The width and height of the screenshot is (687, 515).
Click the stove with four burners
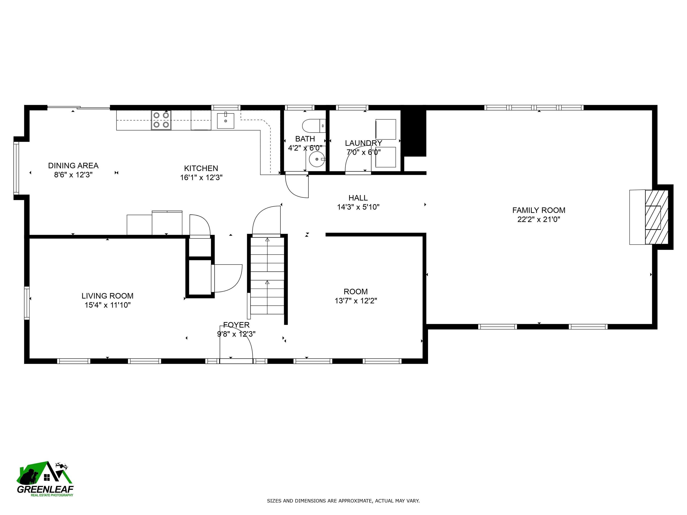coord(161,120)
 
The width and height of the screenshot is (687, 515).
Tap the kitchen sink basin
coord(225,121)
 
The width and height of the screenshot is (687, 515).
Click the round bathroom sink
coord(316,159)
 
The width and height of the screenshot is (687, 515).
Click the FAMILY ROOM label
coord(539,210)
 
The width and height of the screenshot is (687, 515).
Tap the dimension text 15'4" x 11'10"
coord(108,305)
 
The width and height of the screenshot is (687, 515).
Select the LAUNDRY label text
coord(363,143)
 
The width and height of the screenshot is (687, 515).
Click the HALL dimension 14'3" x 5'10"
coord(358,207)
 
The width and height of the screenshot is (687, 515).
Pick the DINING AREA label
coord(73,165)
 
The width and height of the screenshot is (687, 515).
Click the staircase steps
coord(267,276)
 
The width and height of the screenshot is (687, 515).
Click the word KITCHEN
coord(201,168)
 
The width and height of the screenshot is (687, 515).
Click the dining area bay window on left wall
coord(16,168)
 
